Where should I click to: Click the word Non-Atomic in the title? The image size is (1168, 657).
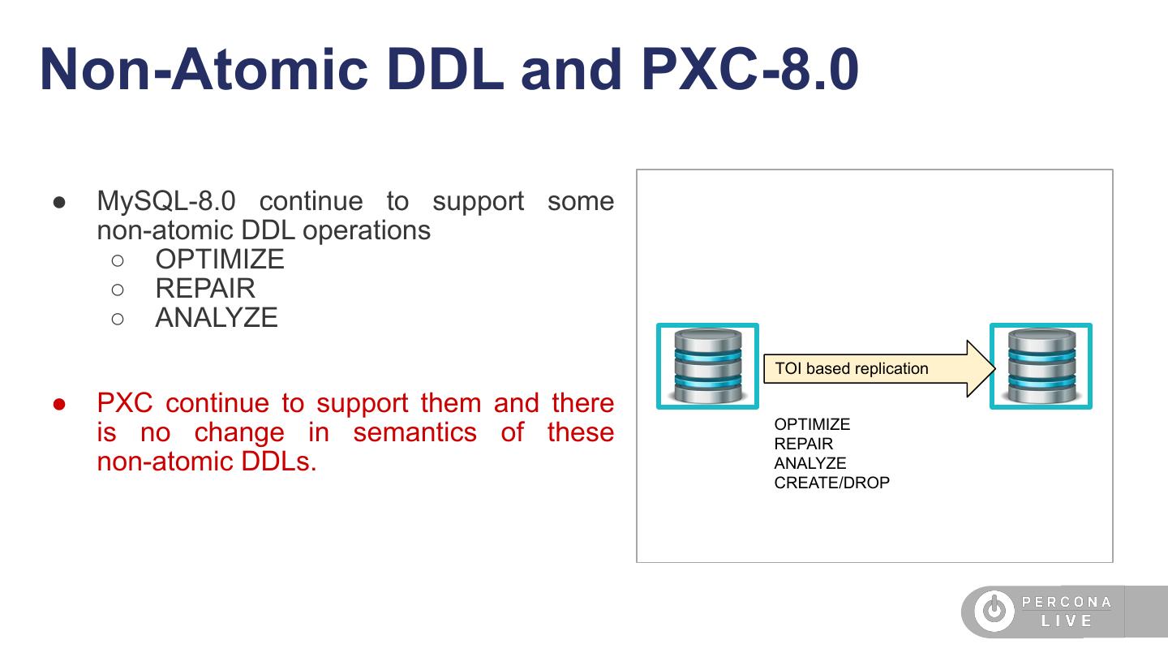tap(204, 70)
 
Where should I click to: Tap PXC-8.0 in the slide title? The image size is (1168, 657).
tap(749, 70)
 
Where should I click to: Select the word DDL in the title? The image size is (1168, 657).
tap(445, 70)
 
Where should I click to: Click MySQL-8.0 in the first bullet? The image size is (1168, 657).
tap(166, 201)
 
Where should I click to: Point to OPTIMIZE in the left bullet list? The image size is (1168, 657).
tap(220, 260)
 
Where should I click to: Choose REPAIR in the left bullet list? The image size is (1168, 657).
tap(205, 289)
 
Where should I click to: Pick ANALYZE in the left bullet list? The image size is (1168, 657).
tap(217, 318)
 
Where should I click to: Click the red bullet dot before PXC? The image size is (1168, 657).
tap(59, 405)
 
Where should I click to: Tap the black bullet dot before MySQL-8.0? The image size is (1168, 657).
tap(59, 202)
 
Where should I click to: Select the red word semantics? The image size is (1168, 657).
tap(415, 433)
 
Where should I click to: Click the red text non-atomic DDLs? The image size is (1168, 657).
tap(207, 462)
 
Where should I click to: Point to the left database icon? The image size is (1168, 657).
tap(707, 366)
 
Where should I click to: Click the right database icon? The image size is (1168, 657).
tap(1041, 366)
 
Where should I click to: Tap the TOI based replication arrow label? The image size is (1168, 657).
tap(852, 368)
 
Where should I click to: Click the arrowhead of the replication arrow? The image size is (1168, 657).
tap(981, 368)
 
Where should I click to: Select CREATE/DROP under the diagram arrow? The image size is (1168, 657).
tap(831, 483)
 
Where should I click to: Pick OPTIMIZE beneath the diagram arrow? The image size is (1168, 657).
tap(812, 424)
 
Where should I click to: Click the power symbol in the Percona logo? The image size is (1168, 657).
tap(994, 609)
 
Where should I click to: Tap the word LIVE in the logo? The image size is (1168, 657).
tap(1067, 621)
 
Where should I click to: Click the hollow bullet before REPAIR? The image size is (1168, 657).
tap(118, 290)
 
